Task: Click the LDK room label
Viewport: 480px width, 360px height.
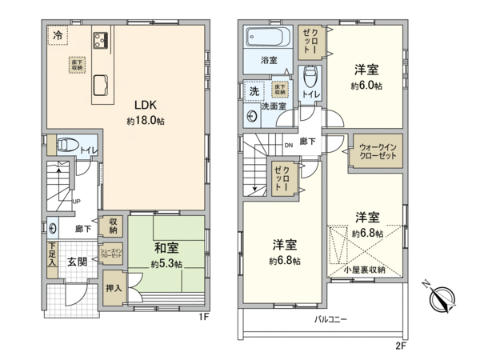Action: (144, 104)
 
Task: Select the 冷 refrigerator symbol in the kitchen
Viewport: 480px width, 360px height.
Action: (58, 34)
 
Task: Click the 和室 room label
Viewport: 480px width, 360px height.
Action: (166, 248)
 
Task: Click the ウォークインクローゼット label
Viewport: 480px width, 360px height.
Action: (378, 152)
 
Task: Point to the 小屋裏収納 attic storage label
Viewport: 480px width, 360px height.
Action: (366, 270)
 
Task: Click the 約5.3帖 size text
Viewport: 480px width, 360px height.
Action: (166, 263)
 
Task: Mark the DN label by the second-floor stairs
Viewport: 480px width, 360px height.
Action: (289, 146)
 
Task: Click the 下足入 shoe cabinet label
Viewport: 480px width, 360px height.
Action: (52, 254)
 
